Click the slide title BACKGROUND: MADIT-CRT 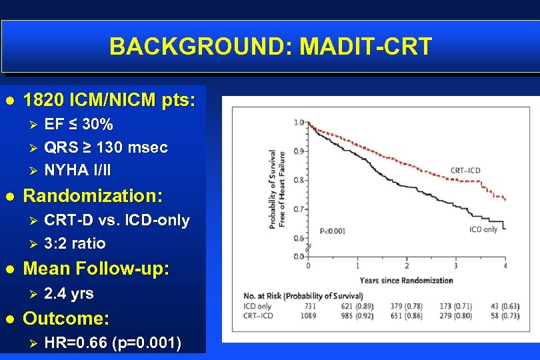(271, 47)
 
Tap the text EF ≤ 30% (78, 125)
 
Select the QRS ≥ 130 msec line (105, 147)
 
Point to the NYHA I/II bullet (77, 170)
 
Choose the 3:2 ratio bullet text (74, 243)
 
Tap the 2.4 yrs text (68, 293)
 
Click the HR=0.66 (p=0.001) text (112, 343)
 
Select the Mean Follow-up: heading (96, 269)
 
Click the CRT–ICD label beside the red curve (465, 171)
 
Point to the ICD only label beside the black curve (483, 229)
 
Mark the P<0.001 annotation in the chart (333, 231)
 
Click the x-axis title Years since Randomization (407, 280)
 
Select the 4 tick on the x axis (505, 266)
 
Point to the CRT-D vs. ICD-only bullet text (117, 220)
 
